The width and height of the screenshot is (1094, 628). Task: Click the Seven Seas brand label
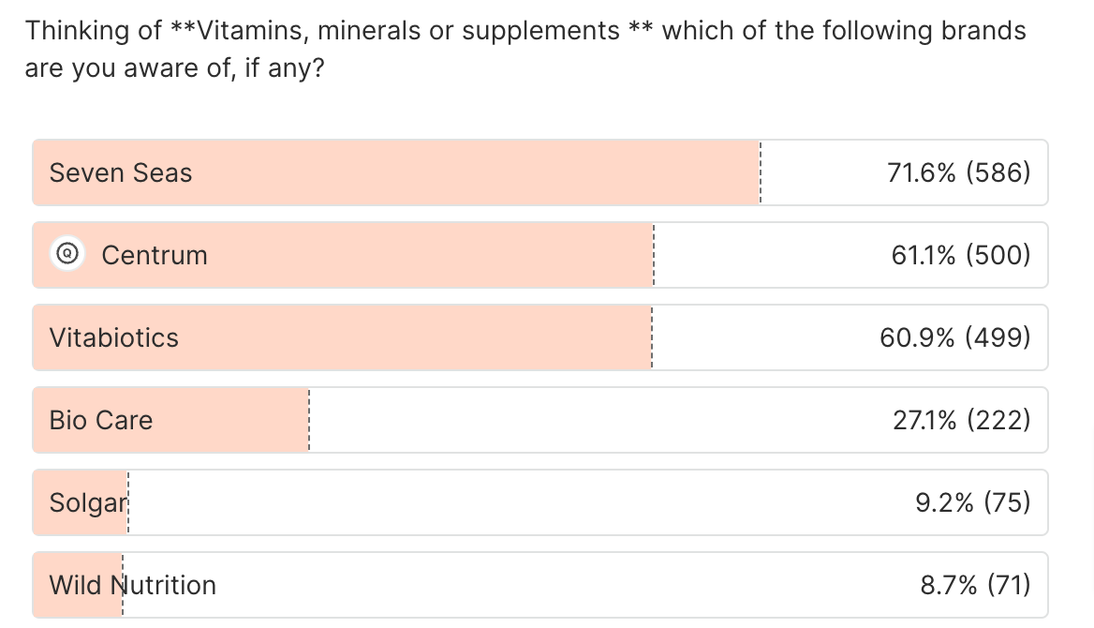point(120,172)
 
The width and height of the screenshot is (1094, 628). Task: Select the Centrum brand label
point(155,255)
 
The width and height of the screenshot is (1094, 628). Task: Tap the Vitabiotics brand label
point(113,337)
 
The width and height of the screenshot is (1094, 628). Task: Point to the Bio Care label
point(100,420)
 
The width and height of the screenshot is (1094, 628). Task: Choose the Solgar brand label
point(87,502)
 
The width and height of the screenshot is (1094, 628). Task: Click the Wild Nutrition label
point(132,585)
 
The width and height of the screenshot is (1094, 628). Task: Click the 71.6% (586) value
point(958,172)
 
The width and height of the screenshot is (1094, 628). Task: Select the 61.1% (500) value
point(961,255)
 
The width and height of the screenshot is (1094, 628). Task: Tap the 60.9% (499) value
point(955,337)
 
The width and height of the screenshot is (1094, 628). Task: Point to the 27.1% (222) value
point(962,420)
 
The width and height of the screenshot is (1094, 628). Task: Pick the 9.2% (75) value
point(973,502)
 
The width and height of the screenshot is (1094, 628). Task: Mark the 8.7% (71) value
point(975,585)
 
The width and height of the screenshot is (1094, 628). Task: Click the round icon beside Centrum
point(67,254)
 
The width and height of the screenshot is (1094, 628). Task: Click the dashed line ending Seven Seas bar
point(761,172)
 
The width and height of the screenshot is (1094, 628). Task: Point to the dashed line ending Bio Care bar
point(308,420)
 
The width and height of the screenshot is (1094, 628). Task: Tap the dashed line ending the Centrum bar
point(654,255)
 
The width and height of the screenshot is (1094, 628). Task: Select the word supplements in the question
point(540,31)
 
